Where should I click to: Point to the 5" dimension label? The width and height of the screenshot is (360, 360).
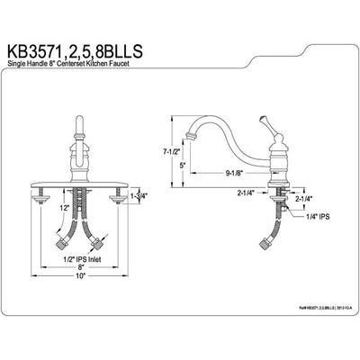pos(184,166)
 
